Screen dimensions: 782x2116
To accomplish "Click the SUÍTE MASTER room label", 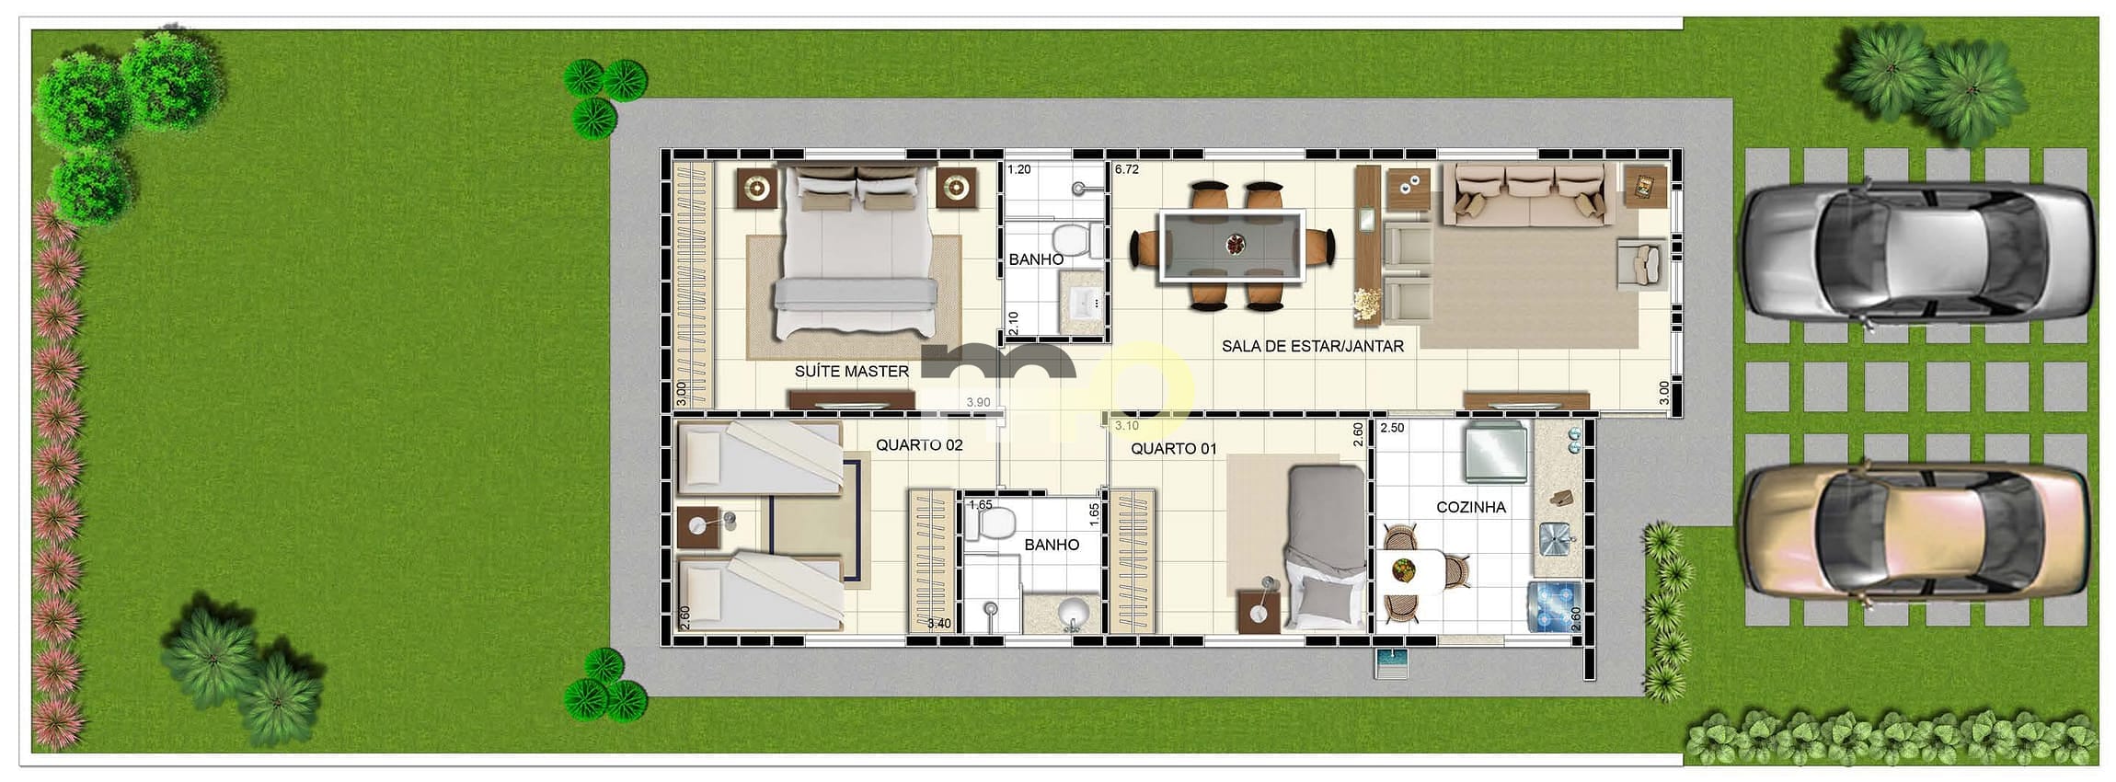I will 851,372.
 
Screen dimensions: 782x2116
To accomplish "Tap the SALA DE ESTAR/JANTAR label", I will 1312,347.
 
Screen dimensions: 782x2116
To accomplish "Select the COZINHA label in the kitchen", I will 1470,507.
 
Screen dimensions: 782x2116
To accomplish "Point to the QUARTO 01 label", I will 1173,449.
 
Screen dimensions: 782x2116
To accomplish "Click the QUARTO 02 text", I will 918,445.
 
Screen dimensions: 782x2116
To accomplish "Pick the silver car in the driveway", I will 1918,252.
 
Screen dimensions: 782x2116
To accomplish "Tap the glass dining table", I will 1232,246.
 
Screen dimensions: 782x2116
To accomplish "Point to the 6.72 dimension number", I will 1127,169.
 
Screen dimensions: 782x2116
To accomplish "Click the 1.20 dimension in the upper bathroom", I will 1018,169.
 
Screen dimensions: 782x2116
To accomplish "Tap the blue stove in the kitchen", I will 1554,607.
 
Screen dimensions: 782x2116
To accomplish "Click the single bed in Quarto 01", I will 1325,547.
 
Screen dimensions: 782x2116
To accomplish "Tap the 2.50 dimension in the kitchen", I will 1392,428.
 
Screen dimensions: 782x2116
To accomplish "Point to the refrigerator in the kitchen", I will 1494,452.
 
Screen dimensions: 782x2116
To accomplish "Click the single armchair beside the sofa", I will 1642,263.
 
